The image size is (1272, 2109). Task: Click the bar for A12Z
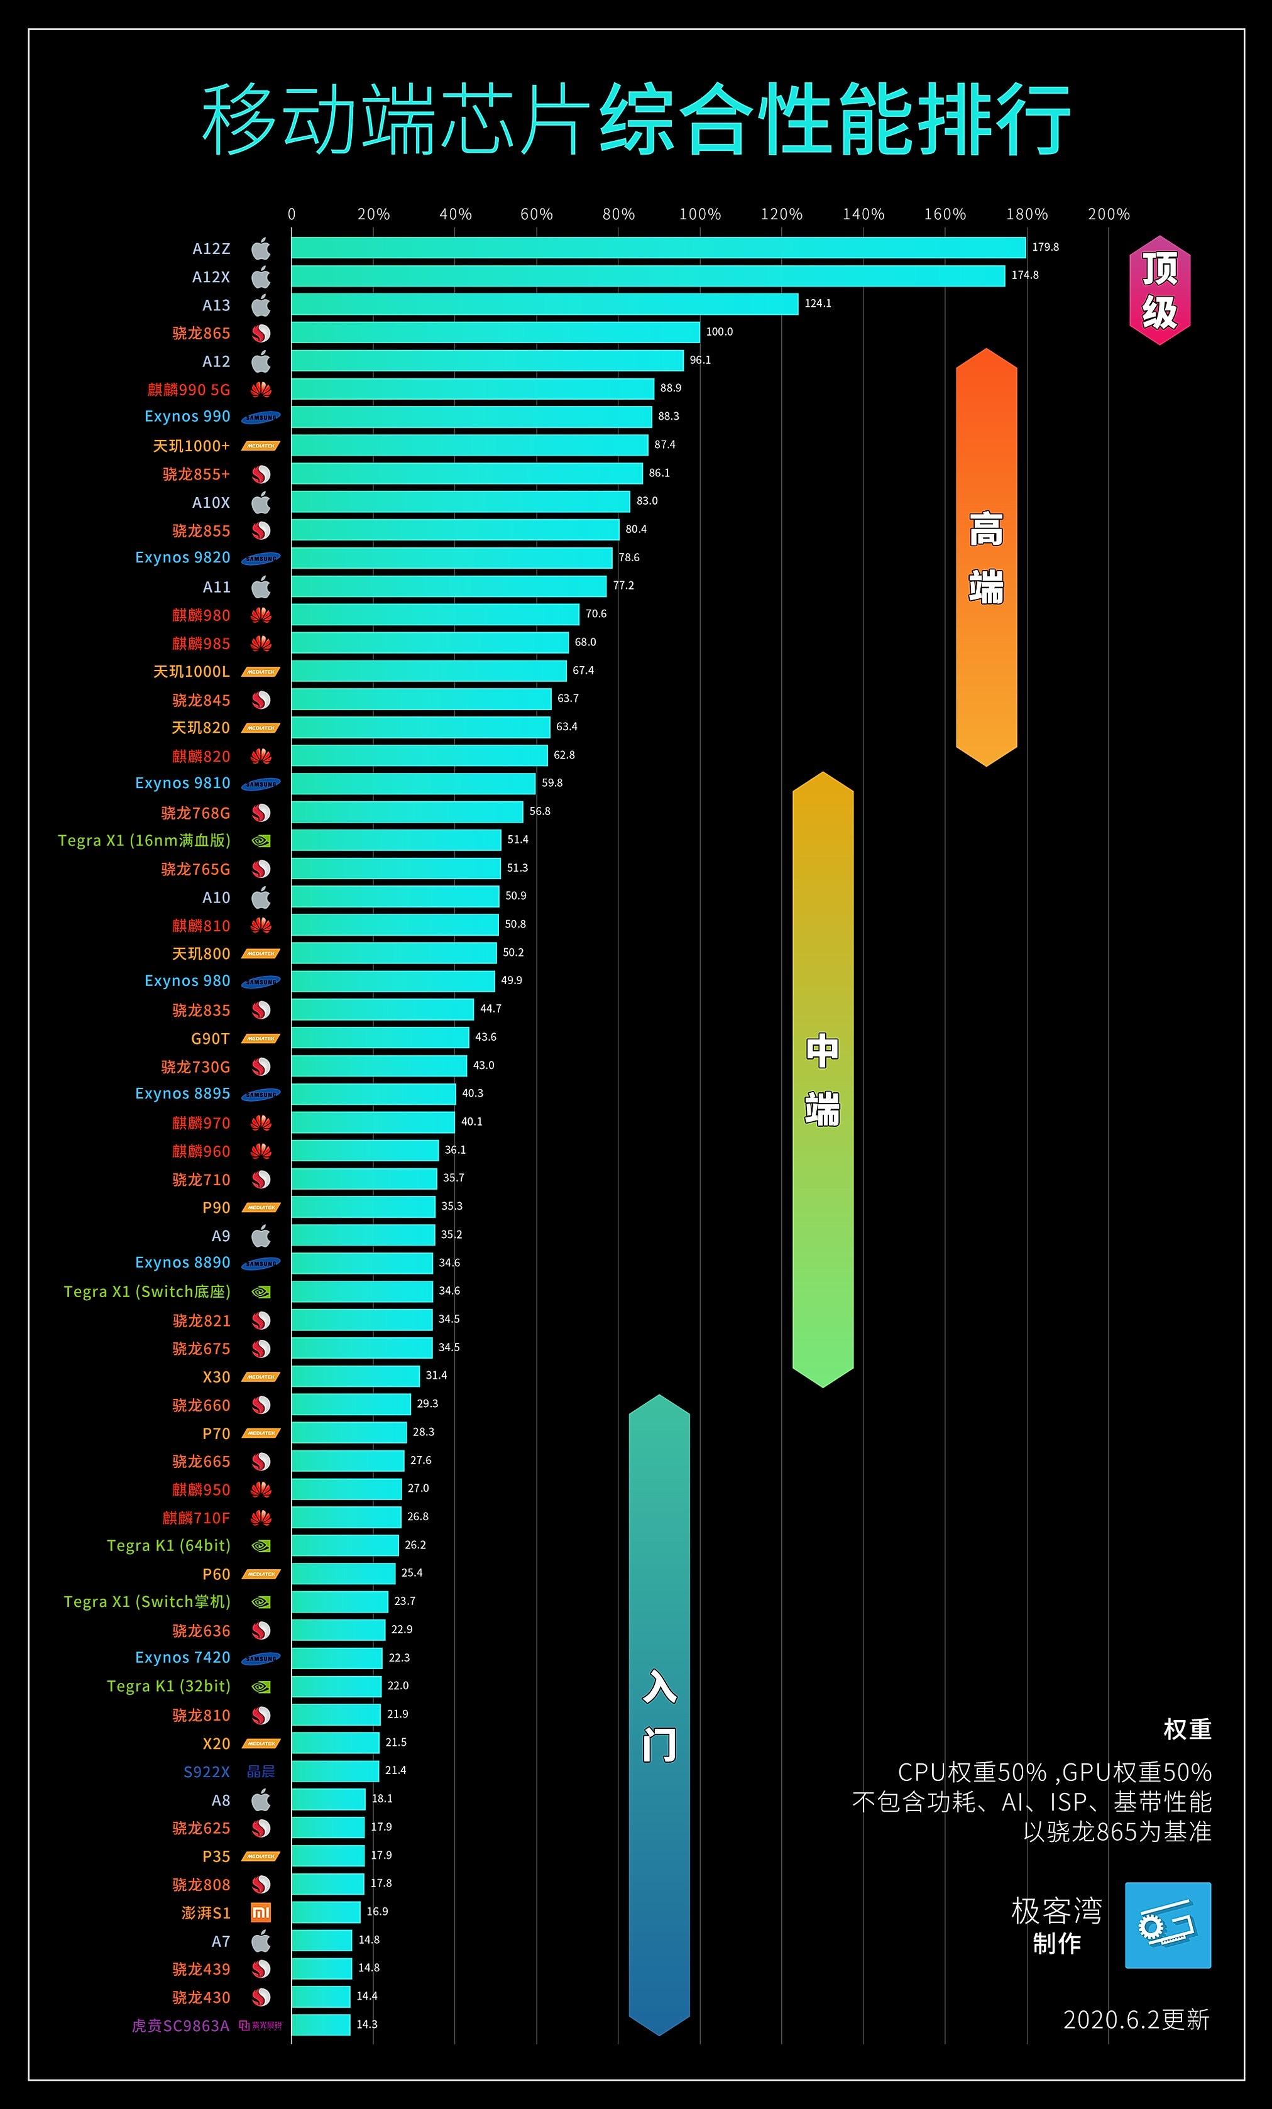[x=657, y=248]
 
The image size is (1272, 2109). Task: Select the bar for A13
[x=544, y=305]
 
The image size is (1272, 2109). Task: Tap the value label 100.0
[x=719, y=332]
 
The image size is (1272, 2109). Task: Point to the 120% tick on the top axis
[x=782, y=215]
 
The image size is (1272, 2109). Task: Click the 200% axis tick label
[x=1109, y=215]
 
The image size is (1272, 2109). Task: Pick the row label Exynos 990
[x=187, y=417]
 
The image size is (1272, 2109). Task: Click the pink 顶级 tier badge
[x=1159, y=290]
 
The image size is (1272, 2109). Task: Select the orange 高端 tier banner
[x=986, y=556]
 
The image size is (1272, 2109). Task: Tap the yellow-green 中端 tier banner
[x=823, y=1078]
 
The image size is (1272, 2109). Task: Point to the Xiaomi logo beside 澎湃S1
[x=261, y=1913]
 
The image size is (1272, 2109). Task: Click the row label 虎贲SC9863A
[x=180, y=2026]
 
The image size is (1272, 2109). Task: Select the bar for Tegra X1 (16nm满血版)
[x=395, y=840]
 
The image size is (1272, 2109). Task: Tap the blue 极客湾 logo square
[x=1168, y=1925]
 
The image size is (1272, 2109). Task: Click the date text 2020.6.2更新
[x=1136, y=2020]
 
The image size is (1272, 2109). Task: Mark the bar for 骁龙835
[x=381, y=1010]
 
